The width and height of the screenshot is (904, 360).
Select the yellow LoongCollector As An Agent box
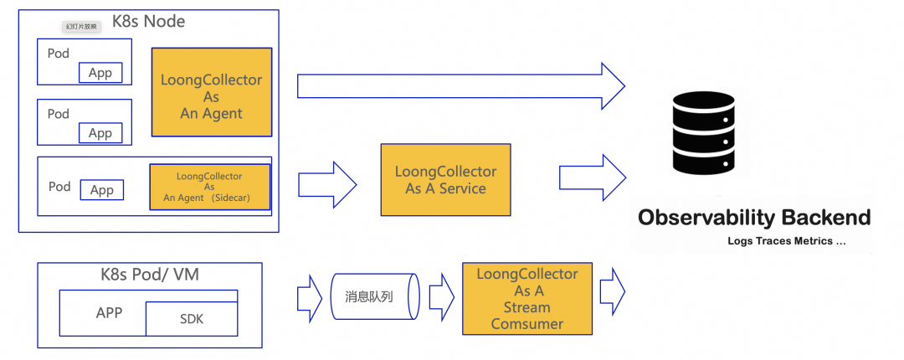coord(212,92)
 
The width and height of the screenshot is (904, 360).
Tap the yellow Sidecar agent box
coord(210,188)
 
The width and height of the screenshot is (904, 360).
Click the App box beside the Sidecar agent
coord(101,190)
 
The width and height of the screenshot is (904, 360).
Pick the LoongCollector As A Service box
coord(445,180)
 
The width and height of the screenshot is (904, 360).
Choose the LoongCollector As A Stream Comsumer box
coord(527,299)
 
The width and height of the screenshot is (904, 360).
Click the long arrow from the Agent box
coord(460,85)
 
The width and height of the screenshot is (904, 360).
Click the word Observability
coord(706,219)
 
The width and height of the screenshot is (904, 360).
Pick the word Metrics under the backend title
coord(821,241)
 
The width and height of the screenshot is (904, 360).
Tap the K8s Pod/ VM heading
coord(150,275)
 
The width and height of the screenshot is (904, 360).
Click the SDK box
coord(192,319)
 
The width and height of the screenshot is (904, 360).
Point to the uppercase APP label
coord(109,313)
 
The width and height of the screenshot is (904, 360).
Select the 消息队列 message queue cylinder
coord(375,297)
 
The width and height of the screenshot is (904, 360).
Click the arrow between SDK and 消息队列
coord(309,298)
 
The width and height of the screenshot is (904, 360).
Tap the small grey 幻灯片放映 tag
coord(82,27)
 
